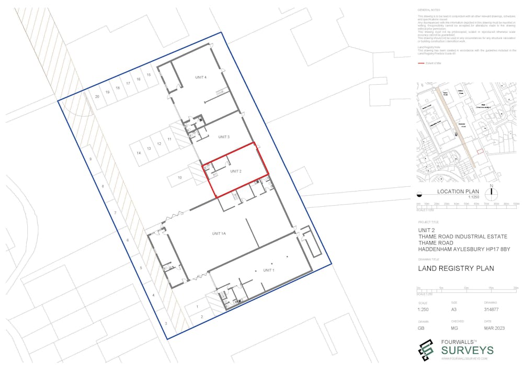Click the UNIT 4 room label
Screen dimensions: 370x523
coord(201,77)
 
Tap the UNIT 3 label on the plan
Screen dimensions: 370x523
coord(224,137)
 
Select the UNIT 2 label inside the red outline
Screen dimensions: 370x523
coord(235,171)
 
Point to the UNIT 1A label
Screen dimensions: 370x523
coord(219,233)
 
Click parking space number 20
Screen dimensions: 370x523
coord(97,97)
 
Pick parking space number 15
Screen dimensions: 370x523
coord(149,75)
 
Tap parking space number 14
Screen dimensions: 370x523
coord(139,153)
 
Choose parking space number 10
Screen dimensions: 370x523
coord(179,177)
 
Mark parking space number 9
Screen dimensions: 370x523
coord(90,159)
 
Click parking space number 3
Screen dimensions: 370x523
coord(166,324)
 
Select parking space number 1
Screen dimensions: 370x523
coord(197,307)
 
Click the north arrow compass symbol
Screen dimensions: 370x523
coord(492,194)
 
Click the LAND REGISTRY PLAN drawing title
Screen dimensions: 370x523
coord(456,269)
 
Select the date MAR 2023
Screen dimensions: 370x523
coord(494,329)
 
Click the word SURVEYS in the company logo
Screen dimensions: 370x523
coord(468,350)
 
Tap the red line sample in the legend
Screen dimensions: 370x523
coord(421,63)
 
